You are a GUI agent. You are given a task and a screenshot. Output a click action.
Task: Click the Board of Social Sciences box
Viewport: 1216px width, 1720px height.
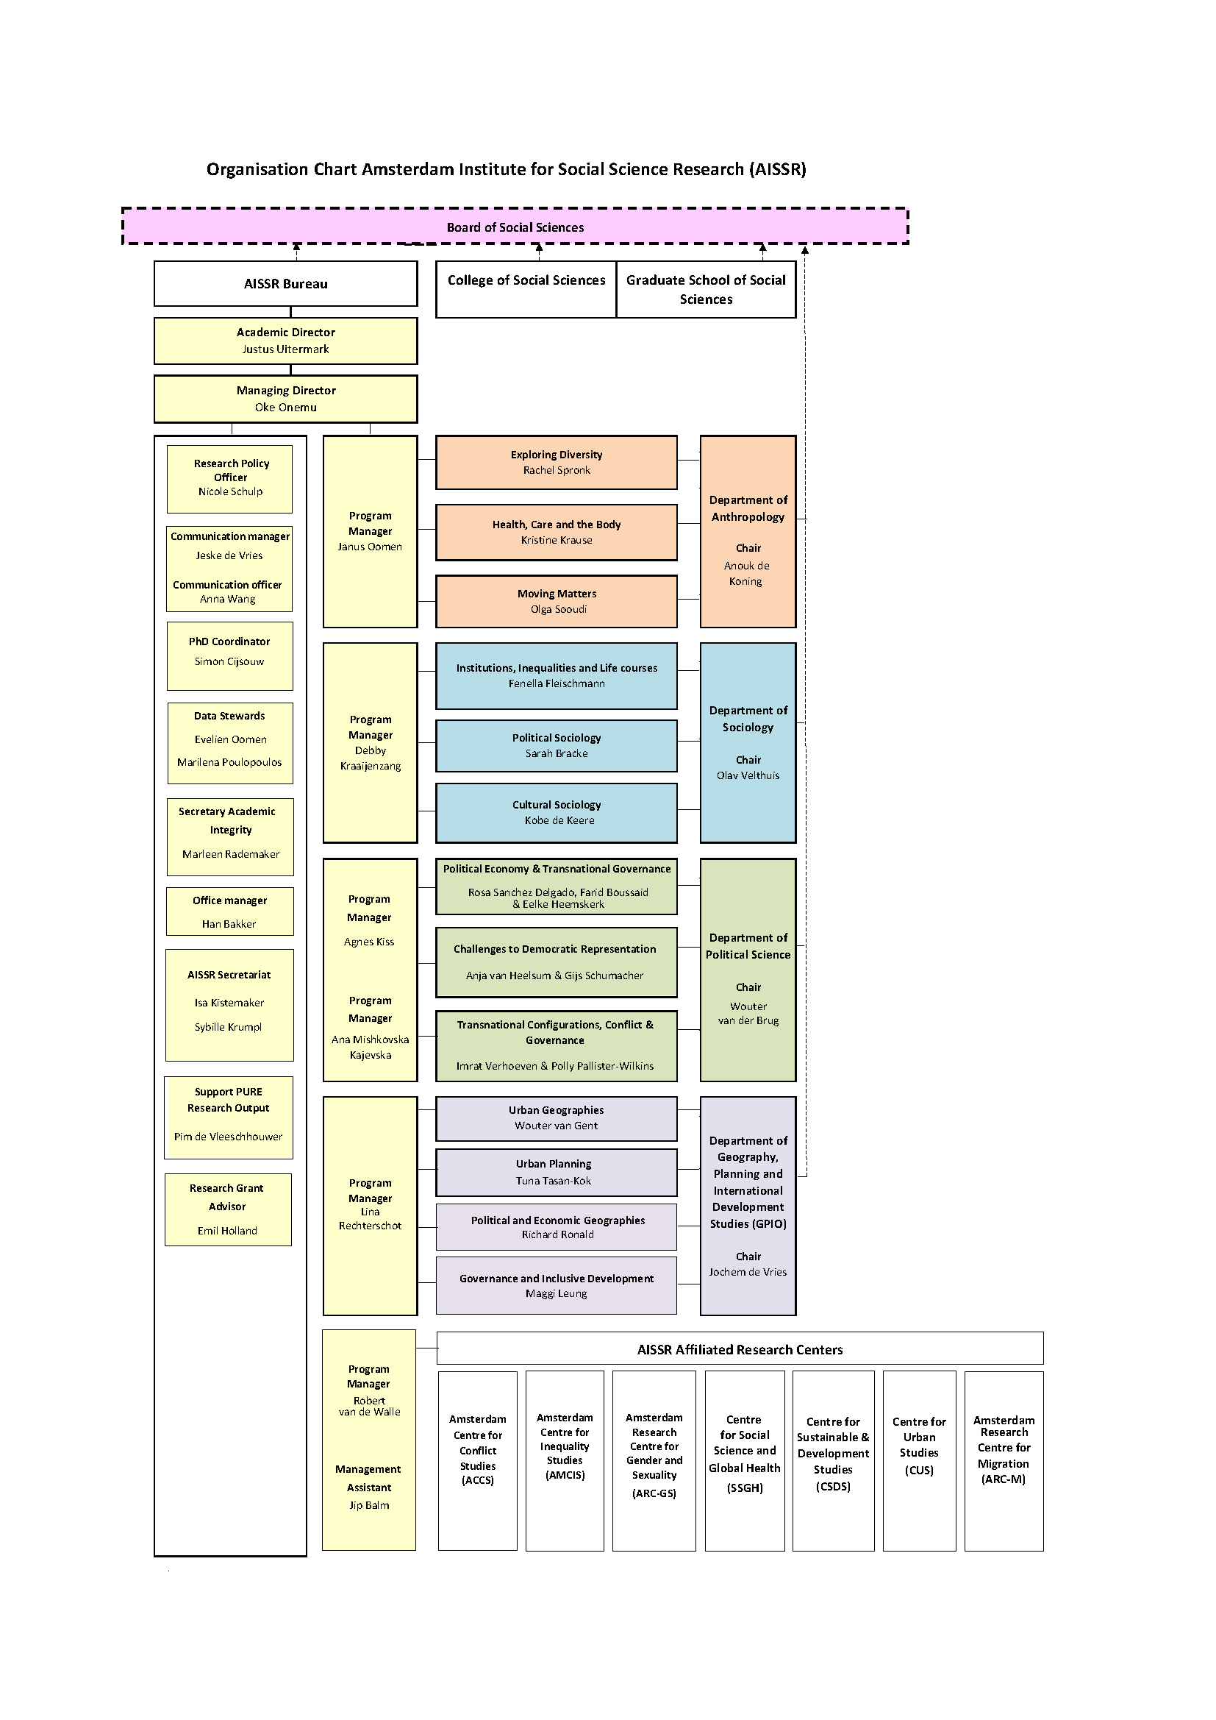[x=515, y=227]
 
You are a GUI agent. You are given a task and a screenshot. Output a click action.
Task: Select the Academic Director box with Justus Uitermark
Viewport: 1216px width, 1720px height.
[x=285, y=341]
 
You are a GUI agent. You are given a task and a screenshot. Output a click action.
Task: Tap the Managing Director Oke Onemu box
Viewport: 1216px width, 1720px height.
[x=285, y=399]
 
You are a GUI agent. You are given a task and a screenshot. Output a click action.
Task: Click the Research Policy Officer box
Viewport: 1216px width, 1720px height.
[x=230, y=478]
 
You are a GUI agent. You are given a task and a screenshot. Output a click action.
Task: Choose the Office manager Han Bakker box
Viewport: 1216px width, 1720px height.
[x=230, y=911]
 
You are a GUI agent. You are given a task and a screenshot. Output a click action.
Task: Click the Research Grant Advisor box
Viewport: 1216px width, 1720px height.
[x=228, y=1209]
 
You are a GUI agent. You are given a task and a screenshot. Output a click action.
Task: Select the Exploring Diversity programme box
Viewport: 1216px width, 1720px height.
[x=557, y=462]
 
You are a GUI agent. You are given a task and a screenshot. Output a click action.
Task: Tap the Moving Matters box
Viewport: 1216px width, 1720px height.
[x=557, y=601]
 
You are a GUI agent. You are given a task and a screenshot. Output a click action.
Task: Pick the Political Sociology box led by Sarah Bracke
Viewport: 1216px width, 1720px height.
[x=557, y=745]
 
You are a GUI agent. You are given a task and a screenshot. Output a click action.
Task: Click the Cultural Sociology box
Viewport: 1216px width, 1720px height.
[x=557, y=812]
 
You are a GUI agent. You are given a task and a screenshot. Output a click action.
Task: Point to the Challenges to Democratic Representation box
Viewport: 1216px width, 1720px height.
[x=556, y=962]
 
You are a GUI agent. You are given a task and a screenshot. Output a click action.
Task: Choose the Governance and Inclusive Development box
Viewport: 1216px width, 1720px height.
[x=556, y=1284]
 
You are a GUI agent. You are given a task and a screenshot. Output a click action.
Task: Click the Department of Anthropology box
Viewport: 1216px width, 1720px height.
[x=747, y=530]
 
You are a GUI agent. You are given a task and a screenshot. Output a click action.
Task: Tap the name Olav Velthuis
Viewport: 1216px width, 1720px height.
[x=747, y=775]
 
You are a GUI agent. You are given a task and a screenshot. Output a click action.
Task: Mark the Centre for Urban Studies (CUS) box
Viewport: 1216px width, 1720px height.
[x=919, y=1460]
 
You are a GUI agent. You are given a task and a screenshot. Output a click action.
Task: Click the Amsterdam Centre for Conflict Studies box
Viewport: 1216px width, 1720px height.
[x=478, y=1460]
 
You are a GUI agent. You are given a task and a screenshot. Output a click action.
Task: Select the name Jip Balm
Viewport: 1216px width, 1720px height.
[x=369, y=1505]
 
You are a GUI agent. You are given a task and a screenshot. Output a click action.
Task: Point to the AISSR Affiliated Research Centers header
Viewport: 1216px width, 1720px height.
[x=740, y=1349]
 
